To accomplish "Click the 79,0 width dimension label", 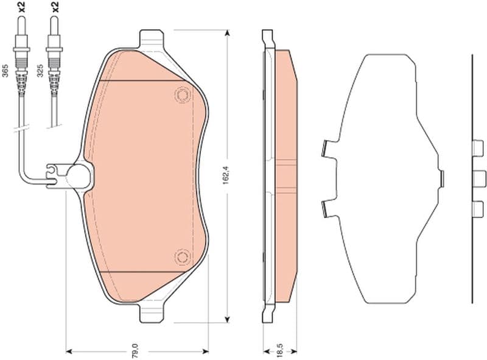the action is tap(136, 351).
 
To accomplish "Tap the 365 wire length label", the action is tap(5, 71).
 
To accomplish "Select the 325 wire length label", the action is tap(40, 71).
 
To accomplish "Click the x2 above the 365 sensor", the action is tap(21, 7).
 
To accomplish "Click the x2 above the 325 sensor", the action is tap(54, 7).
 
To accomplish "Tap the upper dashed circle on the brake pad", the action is tap(182, 94).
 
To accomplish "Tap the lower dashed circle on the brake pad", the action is tap(182, 257).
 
